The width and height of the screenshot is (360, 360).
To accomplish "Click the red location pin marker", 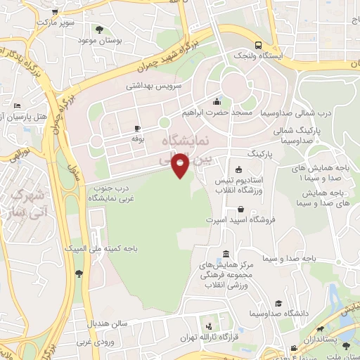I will (x=181, y=164).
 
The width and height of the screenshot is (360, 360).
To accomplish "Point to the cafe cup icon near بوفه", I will (x=138, y=129).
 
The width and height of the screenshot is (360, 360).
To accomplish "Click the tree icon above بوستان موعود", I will (x=99, y=30).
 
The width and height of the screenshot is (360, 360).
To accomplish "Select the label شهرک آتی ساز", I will (x=30, y=202).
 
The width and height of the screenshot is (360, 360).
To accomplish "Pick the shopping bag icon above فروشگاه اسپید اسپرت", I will (x=242, y=209).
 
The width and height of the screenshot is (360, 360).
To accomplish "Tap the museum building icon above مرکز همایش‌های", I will (x=224, y=253).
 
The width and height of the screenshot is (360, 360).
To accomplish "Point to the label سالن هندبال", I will (x=107, y=324).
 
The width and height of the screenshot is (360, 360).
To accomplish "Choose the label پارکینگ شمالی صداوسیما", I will (x=295, y=135).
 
